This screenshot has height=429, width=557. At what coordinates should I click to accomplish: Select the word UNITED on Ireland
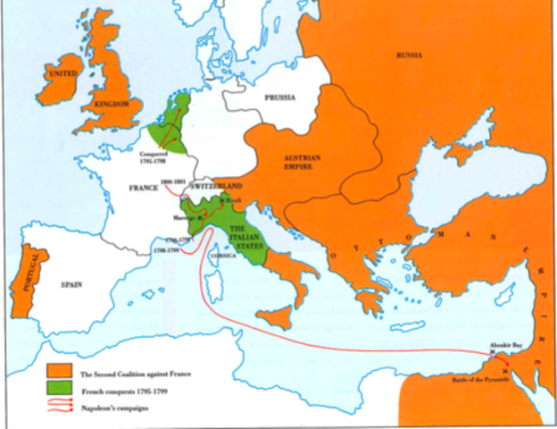point(63,72)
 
